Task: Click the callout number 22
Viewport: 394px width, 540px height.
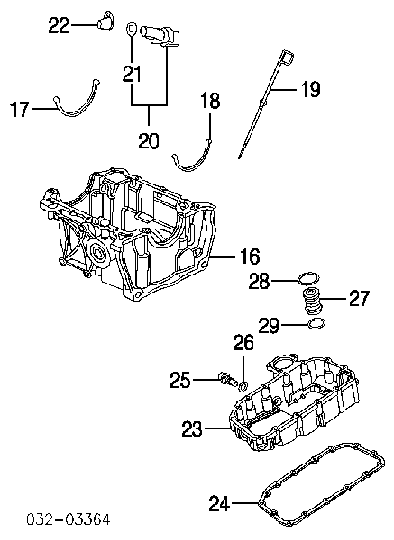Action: [59, 25]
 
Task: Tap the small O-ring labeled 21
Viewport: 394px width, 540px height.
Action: [132, 29]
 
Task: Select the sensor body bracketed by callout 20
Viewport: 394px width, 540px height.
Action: [160, 35]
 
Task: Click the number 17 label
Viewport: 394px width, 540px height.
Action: [20, 109]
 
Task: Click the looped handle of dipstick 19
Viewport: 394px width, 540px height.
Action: [287, 57]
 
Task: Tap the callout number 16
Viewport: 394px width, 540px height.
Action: [249, 256]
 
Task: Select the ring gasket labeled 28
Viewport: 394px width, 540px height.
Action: [308, 278]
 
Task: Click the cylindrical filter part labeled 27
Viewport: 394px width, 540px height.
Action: [312, 301]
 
